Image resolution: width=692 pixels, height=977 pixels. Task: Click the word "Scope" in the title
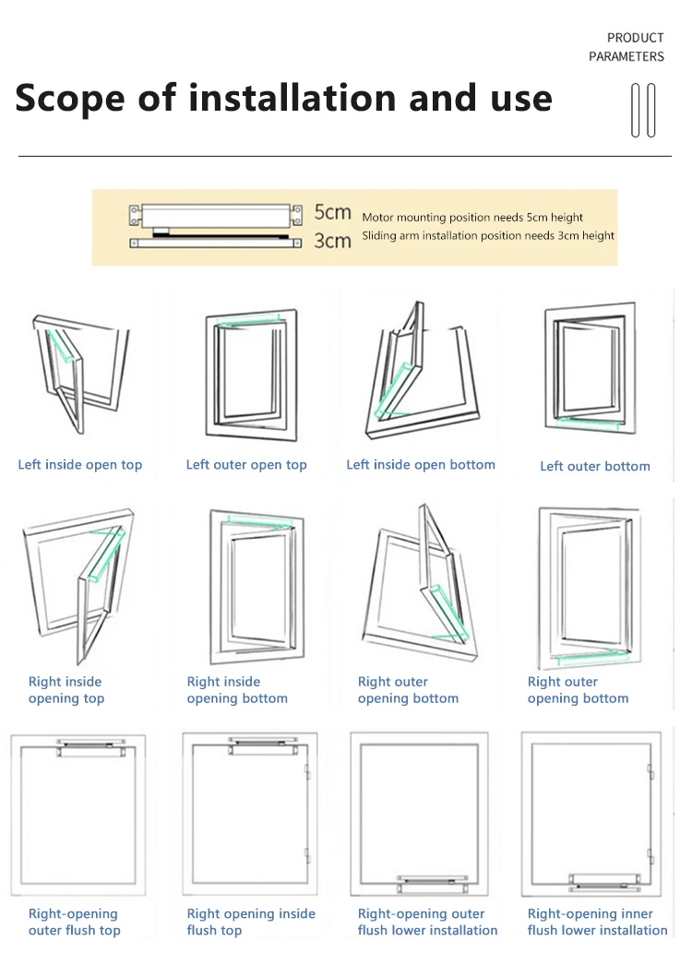(68, 99)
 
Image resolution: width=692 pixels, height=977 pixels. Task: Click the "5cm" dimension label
(332, 213)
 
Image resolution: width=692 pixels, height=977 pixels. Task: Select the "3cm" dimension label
(332, 241)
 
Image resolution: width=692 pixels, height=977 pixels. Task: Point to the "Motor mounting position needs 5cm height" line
(472, 218)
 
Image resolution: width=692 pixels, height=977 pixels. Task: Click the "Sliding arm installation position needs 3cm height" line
(488, 236)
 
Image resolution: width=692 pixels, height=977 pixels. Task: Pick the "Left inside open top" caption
(80, 465)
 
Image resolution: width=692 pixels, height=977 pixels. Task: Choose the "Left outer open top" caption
(246, 465)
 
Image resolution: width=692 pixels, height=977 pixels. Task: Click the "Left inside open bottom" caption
(421, 465)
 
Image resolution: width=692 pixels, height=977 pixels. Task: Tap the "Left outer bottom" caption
(595, 467)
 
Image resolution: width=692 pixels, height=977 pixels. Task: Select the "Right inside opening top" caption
(66, 690)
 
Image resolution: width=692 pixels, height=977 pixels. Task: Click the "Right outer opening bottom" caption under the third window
(408, 690)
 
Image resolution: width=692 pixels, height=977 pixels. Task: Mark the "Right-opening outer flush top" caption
(74, 923)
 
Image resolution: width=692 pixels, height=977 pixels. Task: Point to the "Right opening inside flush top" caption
(251, 923)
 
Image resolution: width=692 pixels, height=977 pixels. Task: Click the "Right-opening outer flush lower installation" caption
(428, 923)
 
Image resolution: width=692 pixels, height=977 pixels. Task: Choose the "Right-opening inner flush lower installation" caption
(598, 923)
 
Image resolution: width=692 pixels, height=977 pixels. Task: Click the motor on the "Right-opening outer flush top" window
(89, 746)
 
